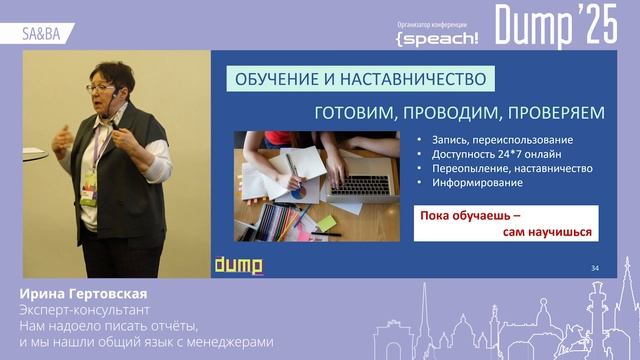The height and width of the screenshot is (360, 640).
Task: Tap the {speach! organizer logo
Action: click(436, 37)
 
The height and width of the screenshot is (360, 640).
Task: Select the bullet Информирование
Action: click(478, 183)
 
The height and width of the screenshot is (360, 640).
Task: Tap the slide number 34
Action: click(595, 268)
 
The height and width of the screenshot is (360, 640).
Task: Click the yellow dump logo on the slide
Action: click(238, 265)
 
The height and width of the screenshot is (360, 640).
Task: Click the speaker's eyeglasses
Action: click(99, 88)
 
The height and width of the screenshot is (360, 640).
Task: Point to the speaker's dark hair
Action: click(113, 72)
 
